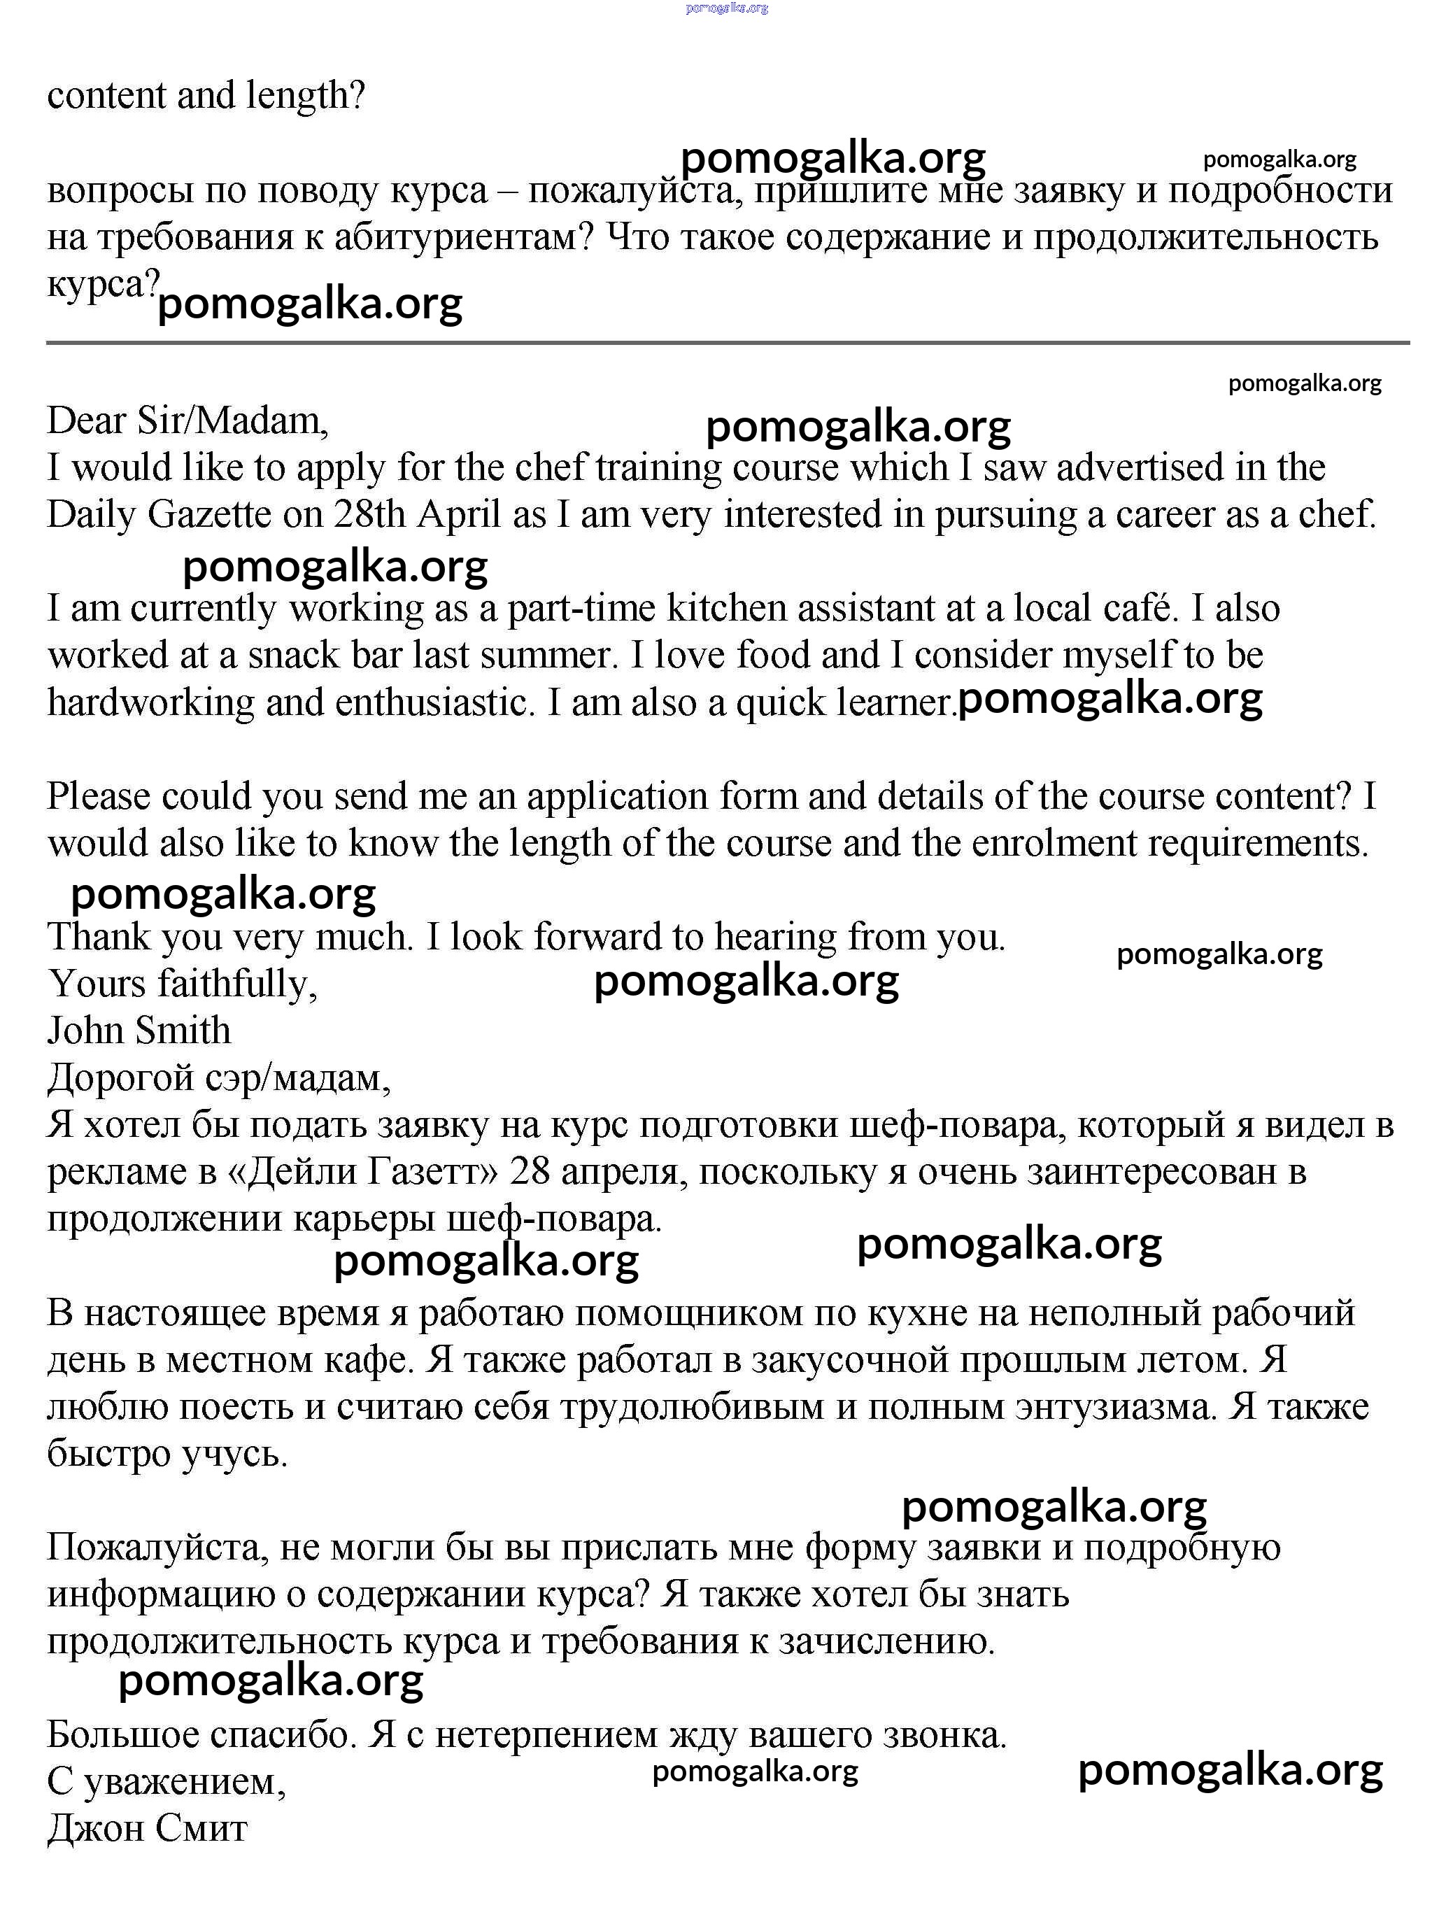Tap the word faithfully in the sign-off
(238, 984)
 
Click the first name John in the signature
(82, 1031)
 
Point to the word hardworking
(150, 702)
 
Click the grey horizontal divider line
(726, 344)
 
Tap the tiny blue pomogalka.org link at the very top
(726, 8)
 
